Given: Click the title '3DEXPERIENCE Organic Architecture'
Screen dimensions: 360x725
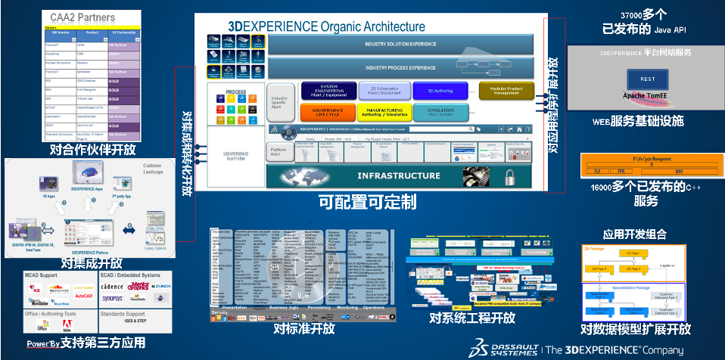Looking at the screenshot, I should point(326,26).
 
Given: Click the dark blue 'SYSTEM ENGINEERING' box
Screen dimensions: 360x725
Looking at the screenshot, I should point(329,91).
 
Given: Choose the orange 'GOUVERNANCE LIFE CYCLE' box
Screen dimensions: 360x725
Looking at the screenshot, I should point(329,112).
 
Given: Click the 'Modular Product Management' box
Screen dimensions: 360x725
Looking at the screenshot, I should point(512,91).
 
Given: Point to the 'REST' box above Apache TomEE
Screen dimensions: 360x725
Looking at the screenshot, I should point(648,79).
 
